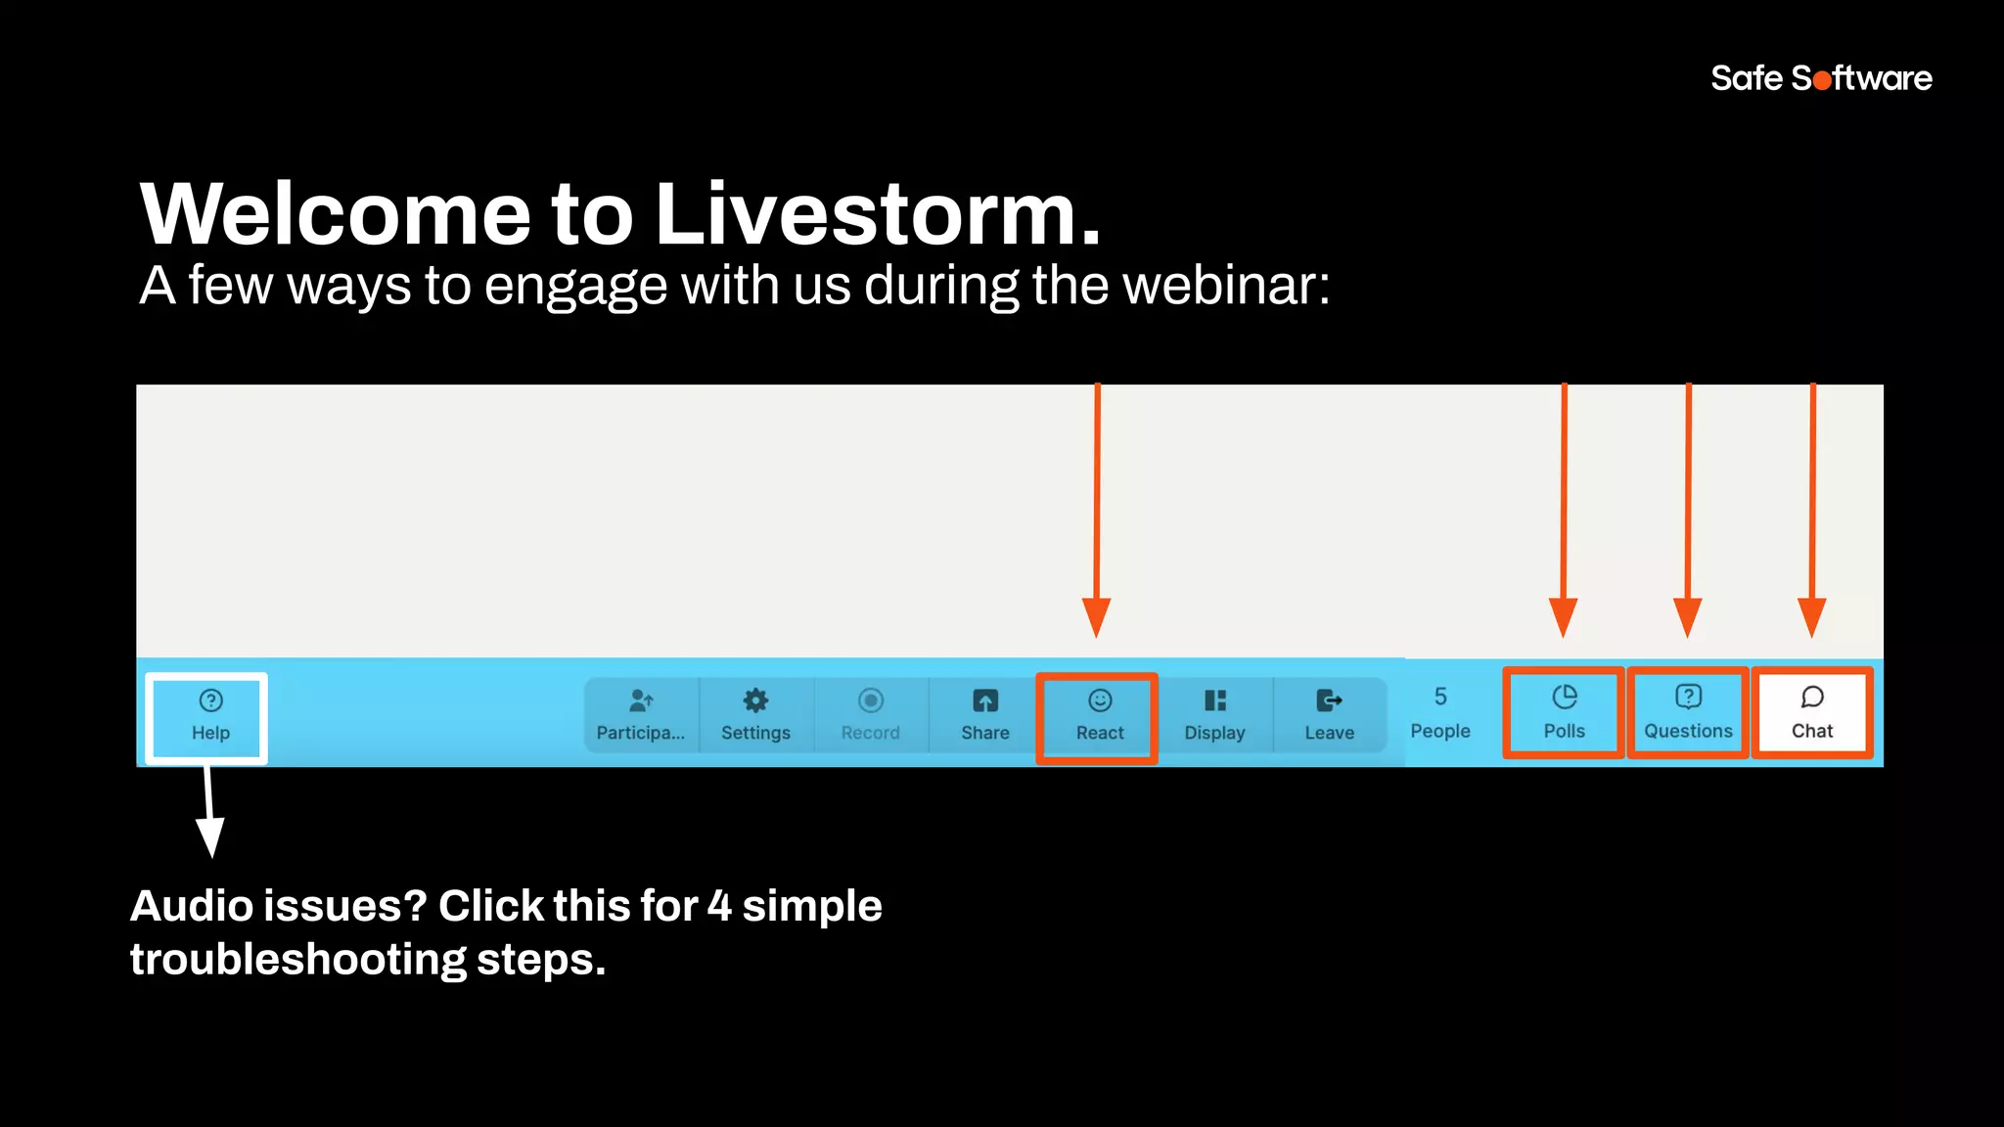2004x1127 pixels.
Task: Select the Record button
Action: [870, 716]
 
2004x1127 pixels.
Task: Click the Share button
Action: [984, 716]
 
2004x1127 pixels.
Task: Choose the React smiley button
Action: [1099, 716]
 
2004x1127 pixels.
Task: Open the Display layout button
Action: [1214, 716]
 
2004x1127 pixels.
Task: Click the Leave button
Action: [1329, 716]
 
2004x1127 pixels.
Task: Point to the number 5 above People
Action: [1439, 697]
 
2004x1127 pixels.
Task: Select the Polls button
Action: [1564, 713]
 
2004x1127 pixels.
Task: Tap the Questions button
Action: [1688, 713]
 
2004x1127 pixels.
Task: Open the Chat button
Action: [1811, 713]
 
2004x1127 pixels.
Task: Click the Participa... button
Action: [641, 716]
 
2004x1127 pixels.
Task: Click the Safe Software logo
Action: [1820, 78]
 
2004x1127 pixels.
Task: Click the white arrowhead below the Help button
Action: [210, 836]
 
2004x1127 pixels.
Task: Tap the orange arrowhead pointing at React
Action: [1096, 616]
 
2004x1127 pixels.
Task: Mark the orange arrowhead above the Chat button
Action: [1811, 616]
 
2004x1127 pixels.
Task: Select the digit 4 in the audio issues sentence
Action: [719, 906]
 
